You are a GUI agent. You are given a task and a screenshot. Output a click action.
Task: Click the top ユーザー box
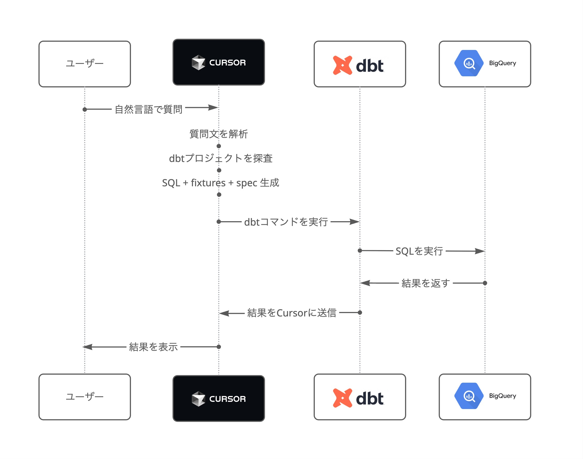(x=85, y=64)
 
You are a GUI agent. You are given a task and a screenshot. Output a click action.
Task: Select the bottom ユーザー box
(x=85, y=397)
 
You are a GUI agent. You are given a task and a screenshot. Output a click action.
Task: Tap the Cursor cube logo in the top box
(x=198, y=62)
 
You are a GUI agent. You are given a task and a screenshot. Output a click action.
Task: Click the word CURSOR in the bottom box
(x=227, y=399)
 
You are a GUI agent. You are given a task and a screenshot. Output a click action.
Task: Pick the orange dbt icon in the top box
(x=342, y=65)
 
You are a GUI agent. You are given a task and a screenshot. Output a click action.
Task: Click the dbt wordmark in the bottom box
(x=370, y=398)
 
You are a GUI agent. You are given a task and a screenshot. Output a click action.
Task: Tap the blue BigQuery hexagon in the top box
(x=469, y=63)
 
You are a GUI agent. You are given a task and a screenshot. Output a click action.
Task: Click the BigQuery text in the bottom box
(x=502, y=396)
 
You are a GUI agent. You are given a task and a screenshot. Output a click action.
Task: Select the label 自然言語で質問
(x=148, y=109)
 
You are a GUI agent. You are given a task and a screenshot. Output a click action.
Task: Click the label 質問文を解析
(x=218, y=134)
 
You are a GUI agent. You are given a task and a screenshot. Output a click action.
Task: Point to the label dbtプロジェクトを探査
(x=221, y=158)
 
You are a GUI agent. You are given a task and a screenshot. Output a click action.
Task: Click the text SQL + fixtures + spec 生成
(x=221, y=183)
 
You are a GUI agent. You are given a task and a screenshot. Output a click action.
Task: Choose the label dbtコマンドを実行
(x=286, y=222)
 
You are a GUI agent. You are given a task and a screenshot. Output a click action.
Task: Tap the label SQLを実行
(x=419, y=251)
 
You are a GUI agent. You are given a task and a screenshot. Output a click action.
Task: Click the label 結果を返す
(x=425, y=283)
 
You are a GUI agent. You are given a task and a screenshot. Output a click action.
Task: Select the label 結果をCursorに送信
(x=292, y=313)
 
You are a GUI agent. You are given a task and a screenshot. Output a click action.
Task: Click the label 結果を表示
(x=153, y=347)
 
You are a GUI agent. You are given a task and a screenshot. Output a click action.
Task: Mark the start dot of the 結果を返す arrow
(x=485, y=283)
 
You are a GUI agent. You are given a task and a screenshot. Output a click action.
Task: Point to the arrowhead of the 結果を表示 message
(x=88, y=347)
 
